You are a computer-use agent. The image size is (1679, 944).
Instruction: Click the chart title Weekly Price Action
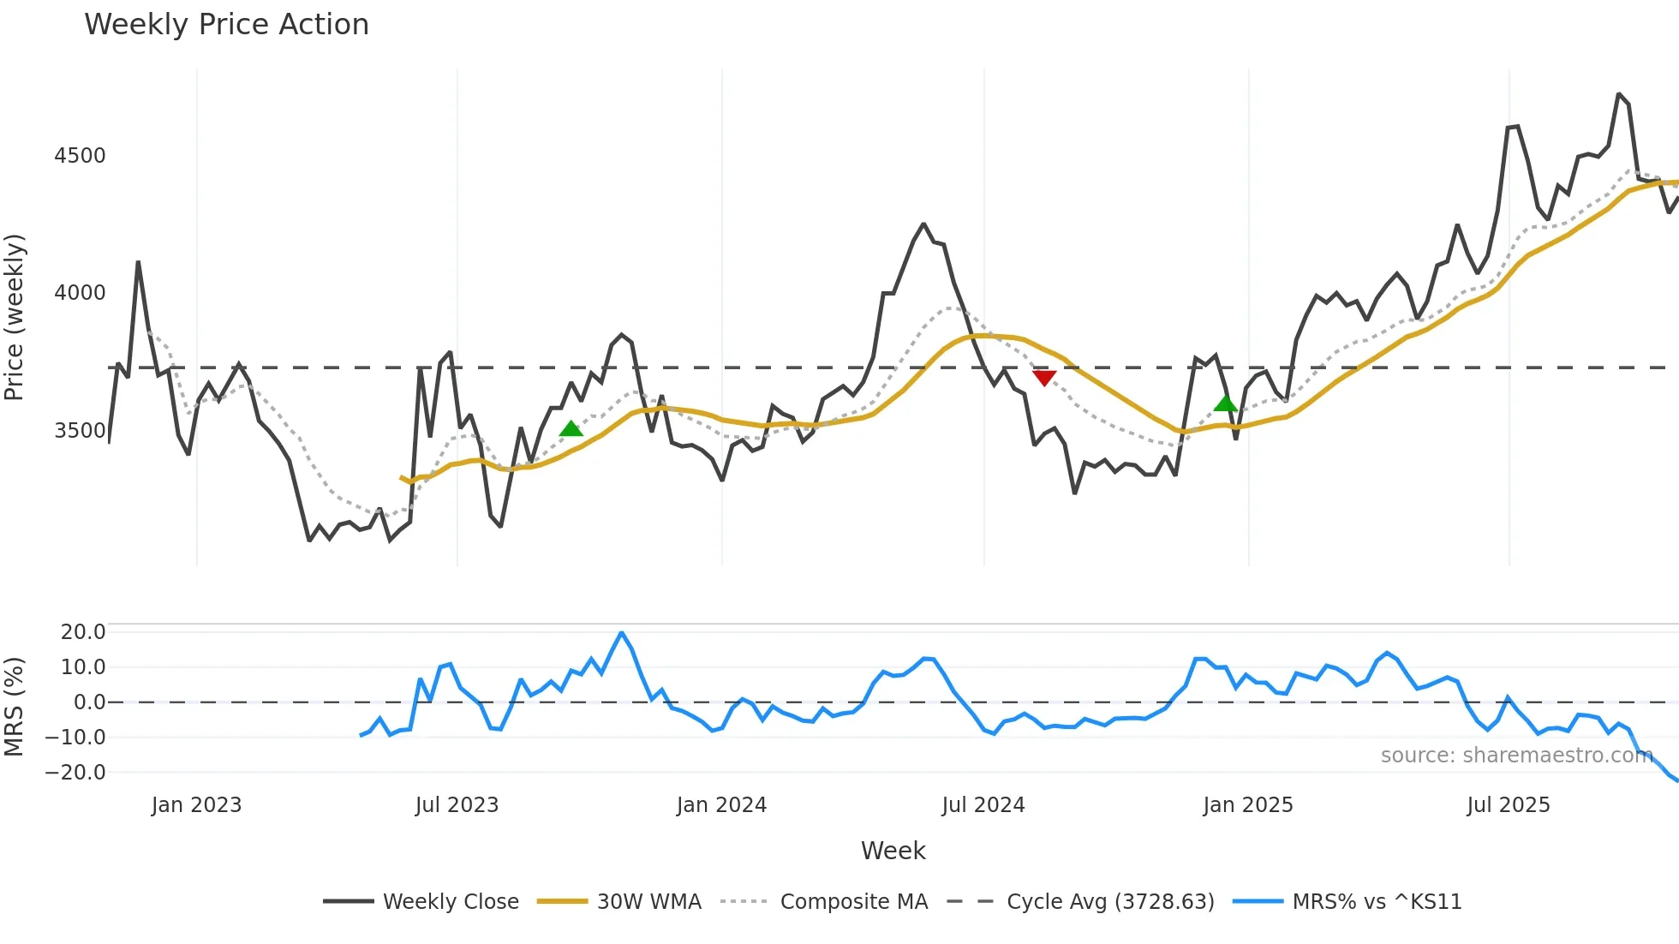pos(226,25)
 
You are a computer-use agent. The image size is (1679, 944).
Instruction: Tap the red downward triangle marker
pos(1044,378)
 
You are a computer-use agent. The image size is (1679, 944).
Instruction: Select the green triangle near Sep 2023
pos(571,428)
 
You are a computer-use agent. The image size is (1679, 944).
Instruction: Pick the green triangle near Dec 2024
pos(1226,403)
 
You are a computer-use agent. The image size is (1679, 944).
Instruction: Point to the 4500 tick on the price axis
pos(80,156)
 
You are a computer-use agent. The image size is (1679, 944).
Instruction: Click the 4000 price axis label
pos(80,293)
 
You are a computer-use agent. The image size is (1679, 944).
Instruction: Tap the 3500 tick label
pos(80,431)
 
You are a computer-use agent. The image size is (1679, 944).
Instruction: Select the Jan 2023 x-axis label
pos(196,805)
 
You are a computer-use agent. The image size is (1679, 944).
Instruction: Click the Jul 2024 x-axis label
pos(983,805)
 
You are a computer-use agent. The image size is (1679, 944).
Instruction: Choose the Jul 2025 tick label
pos(1509,805)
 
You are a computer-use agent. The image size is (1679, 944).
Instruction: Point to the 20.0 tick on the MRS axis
pos(83,632)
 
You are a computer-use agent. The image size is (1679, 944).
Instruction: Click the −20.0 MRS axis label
pos(75,773)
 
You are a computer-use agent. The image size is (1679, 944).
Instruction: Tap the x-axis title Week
pos(893,851)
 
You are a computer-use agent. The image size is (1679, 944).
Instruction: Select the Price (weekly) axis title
pos(15,317)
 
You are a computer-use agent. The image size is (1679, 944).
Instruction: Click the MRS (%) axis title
pos(15,707)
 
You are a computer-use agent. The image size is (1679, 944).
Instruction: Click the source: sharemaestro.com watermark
pos(1516,756)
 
